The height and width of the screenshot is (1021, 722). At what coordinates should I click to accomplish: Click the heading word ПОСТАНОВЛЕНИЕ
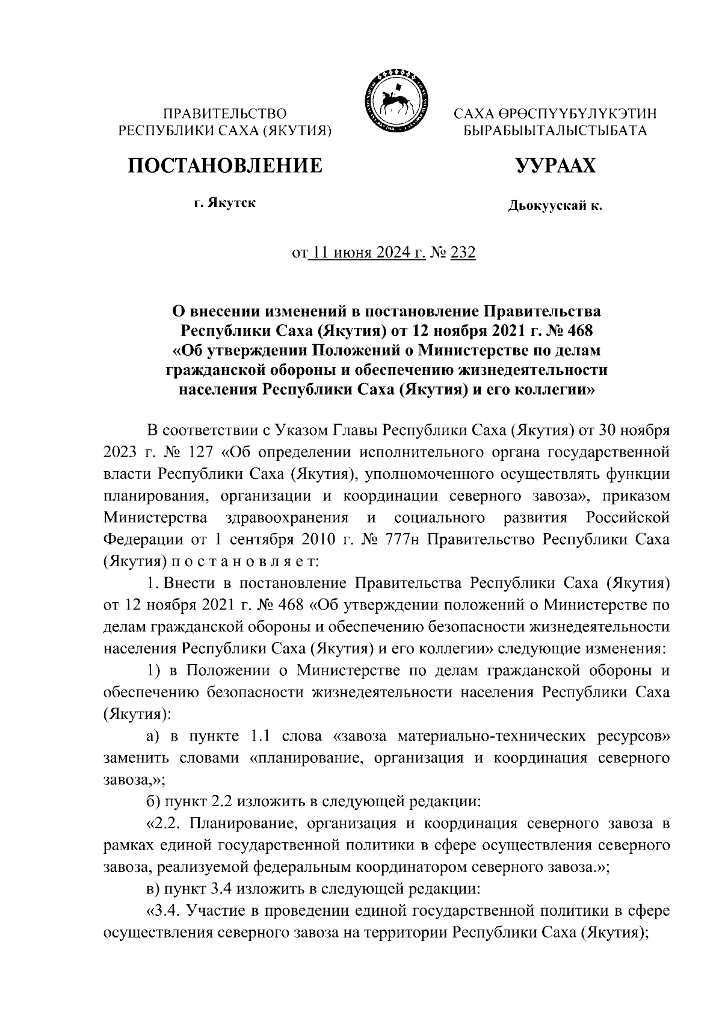tap(224, 165)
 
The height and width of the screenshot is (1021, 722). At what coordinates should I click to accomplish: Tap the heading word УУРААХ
tap(554, 165)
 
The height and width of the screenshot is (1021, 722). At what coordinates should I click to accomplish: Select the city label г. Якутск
tap(224, 203)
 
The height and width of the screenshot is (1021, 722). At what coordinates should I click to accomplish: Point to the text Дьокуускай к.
tap(554, 206)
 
